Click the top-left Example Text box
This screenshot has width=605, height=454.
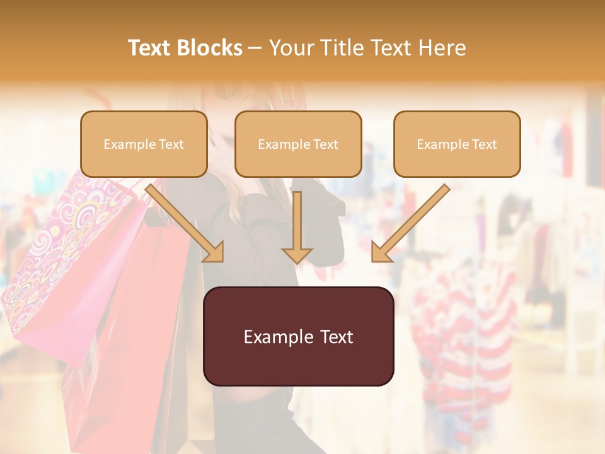coord(144,144)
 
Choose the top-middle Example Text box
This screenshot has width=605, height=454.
coord(298,144)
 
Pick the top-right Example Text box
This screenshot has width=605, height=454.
coord(457,144)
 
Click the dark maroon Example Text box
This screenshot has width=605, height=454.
coord(298,336)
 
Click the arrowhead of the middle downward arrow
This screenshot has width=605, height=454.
coord(297,255)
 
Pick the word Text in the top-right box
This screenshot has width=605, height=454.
coord(484,144)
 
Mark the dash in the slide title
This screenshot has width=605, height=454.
coord(255,48)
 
